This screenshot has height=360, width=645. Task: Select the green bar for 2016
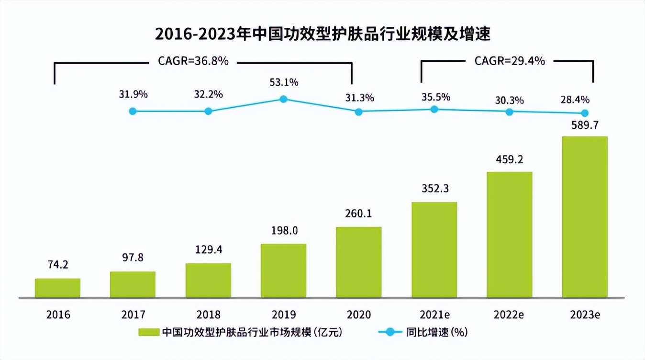(57, 288)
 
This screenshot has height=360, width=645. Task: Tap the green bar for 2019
(283, 271)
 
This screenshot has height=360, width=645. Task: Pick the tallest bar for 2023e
(584, 217)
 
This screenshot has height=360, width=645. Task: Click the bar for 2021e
(434, 250)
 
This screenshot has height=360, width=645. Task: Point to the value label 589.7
(584, 125)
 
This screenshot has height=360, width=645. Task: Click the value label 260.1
(359, 214)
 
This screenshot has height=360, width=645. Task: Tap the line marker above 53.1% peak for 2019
(283, 99)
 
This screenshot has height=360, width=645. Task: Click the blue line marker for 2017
(133, 111)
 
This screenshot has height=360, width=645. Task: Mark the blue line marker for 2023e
(584, 113)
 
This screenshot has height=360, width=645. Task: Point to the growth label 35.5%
(434, 97)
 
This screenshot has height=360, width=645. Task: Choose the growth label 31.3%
(359, 98)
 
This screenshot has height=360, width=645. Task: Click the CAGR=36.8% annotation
(193, 61)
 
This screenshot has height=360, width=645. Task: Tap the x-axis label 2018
(208, 315)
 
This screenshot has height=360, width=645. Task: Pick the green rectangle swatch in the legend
(149, 332)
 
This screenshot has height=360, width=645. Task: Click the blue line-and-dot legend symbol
(390, 332)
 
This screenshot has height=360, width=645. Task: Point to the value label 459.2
(510, 160)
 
